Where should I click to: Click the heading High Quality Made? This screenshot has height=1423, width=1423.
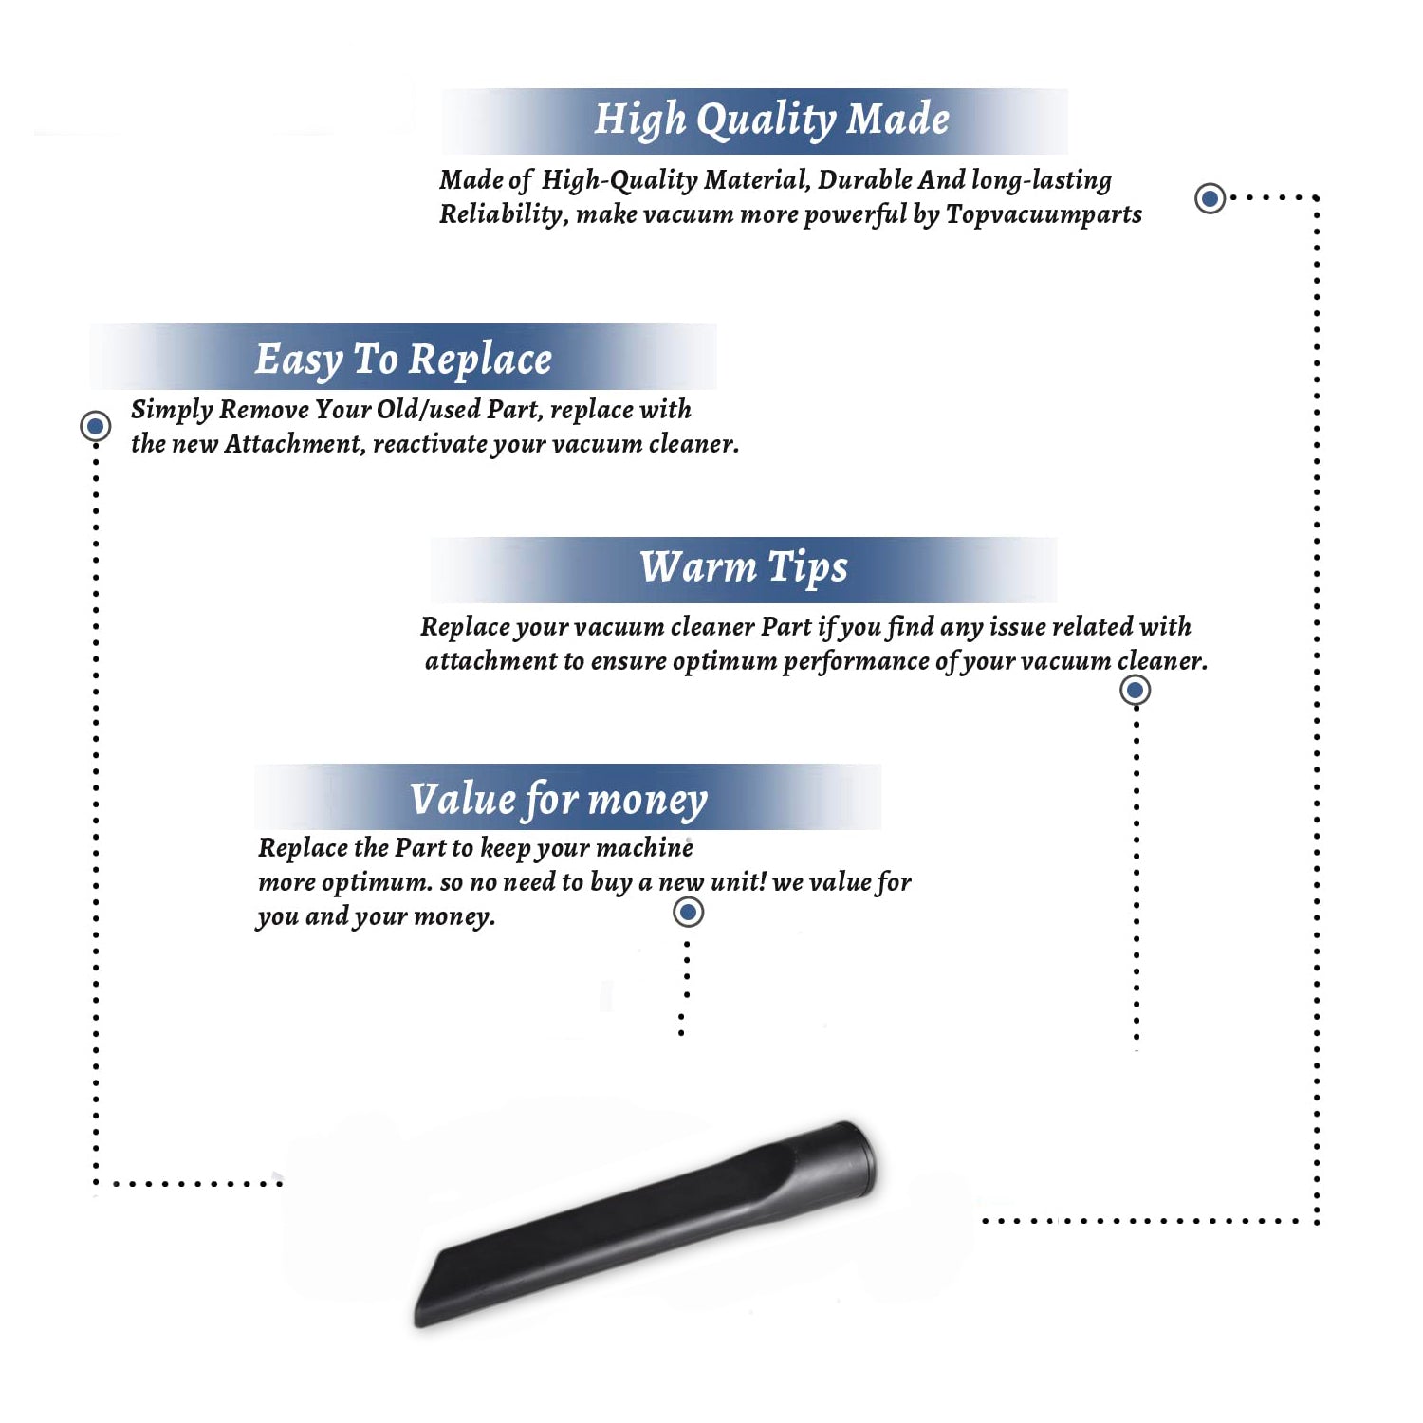pos(771,120)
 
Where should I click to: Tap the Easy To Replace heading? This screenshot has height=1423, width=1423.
pos(403,360)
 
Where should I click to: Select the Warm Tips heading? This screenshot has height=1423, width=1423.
pos(744,567)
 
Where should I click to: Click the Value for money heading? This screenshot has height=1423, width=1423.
pos(559,799)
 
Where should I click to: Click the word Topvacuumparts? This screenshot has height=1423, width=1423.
pos(1044,215)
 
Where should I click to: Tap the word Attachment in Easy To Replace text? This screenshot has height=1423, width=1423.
pos(294,443)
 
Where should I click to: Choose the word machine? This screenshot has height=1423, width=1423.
pos(645,847)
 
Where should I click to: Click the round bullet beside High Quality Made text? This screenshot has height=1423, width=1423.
pos(1210,198)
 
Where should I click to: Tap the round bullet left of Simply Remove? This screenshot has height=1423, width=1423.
pos(96,426)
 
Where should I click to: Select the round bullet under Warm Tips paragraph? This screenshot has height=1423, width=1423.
pos(1136,690)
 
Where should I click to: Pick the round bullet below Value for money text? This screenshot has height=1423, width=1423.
pos(688,913)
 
